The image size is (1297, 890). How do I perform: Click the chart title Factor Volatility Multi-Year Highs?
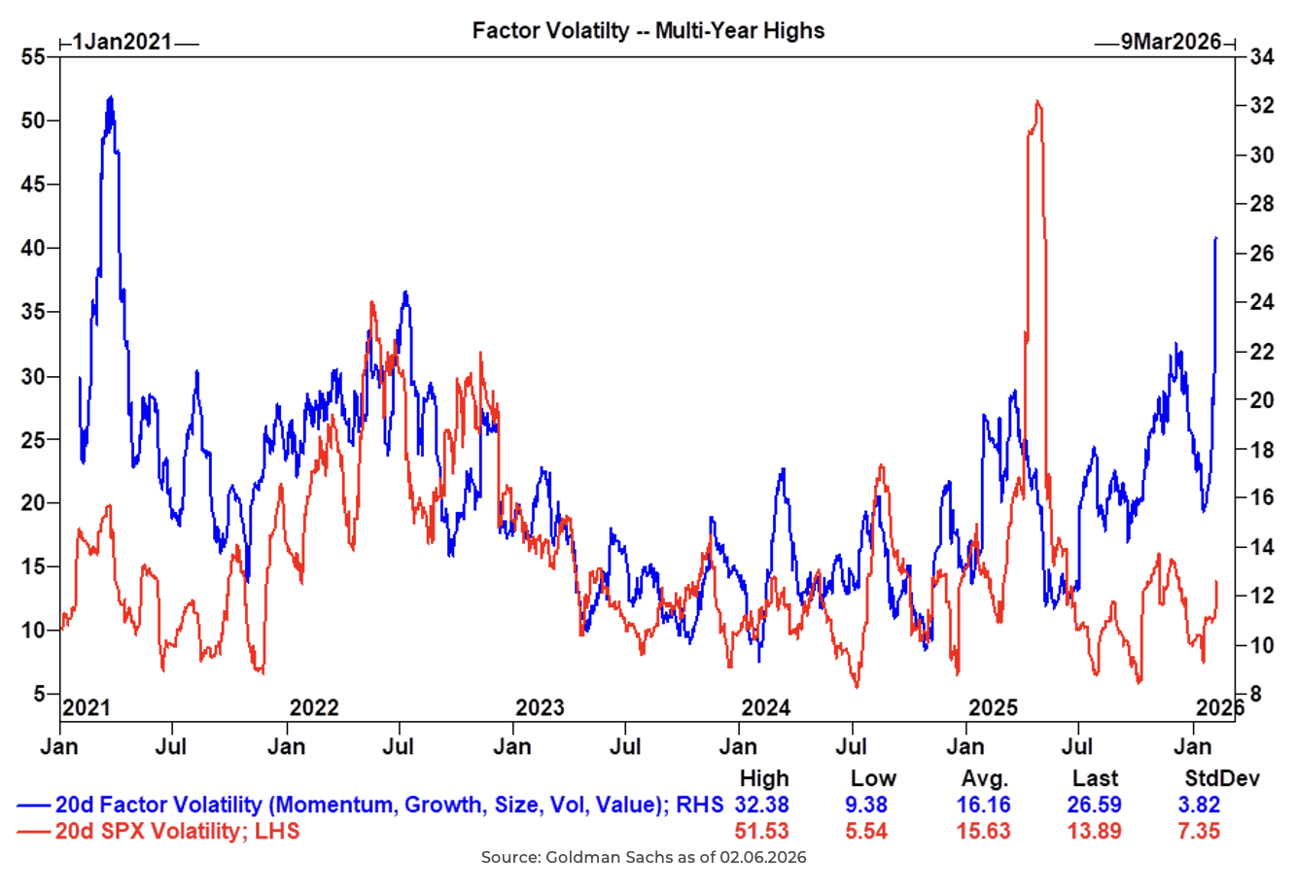click(648, 30)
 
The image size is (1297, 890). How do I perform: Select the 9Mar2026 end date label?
click(1170, 42)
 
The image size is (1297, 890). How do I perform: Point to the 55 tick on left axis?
click(33, 57)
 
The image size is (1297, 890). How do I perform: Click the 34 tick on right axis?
click(1261, 57)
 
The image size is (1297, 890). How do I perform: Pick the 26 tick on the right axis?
click(1261, 254)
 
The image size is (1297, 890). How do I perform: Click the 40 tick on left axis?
click(33, 248)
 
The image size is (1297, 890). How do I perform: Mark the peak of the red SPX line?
click(1038, 102)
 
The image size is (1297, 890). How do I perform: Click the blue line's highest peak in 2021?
click(111, 97)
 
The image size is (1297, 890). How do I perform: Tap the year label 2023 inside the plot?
click(540, 707)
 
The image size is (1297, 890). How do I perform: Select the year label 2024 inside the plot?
click(766, 707)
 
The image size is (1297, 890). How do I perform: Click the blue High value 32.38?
click(763, 805)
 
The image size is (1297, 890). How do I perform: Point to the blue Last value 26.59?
click(1095, 805)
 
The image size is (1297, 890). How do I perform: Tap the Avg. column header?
click(985, 779)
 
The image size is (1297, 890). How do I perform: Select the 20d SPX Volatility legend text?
click(177, 831)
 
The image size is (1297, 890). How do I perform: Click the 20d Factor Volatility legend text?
click(389, 805)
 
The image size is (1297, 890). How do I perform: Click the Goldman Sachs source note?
click(644, 858)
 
